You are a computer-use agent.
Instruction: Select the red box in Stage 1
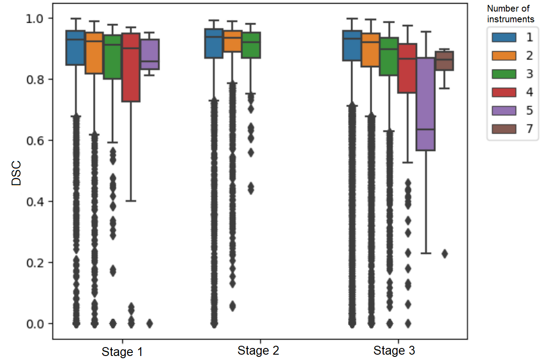coord(131,67)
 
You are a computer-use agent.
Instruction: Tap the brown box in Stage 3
coord(444,61)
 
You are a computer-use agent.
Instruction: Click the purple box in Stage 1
coord(150,54)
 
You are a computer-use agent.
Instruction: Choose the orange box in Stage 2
coord(232,41)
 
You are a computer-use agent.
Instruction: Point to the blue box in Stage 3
coord(352,45)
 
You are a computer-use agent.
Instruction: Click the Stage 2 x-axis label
coord(258,351)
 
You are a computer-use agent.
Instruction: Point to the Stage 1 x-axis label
coord(123,352)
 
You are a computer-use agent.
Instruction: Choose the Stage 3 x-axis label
coord(394,351)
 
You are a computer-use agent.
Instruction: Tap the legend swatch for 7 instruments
coord(504,129)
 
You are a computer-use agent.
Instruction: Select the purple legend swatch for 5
coord(504,110)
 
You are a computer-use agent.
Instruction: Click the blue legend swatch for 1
coord(504,37)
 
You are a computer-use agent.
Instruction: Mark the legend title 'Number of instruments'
coord(510,14)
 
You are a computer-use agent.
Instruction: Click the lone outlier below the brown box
coord(445,254)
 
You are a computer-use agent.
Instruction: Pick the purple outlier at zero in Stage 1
coord(150,323)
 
